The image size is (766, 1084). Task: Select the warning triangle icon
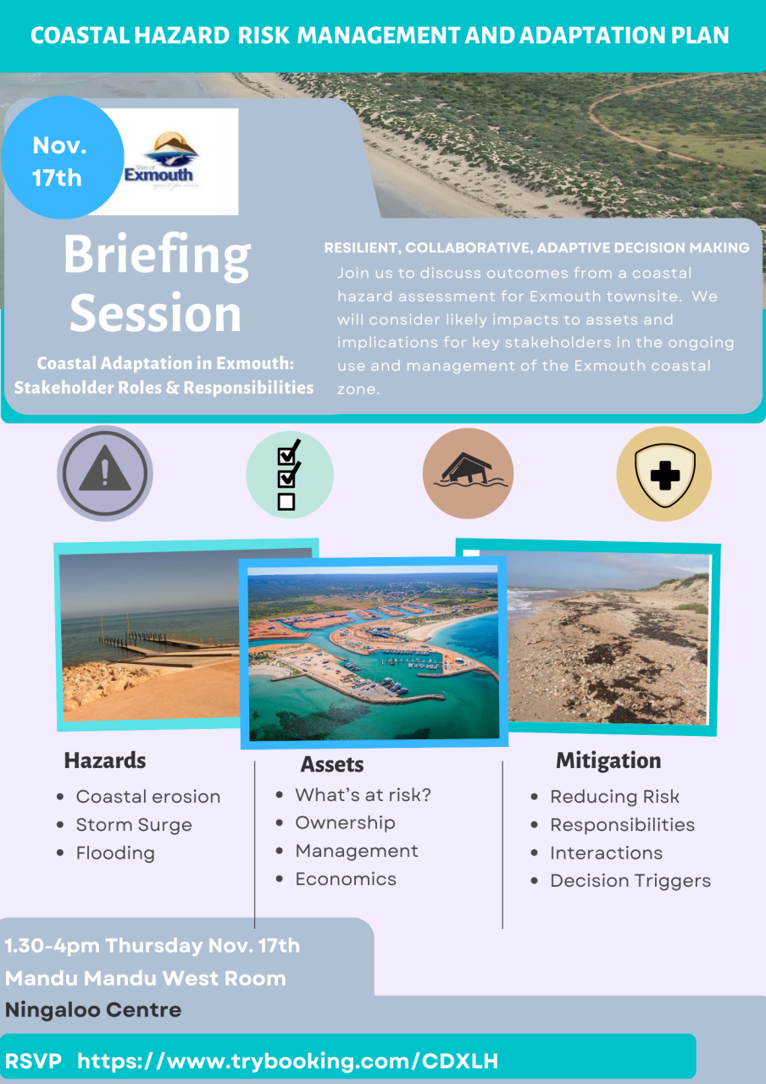coord(104,473)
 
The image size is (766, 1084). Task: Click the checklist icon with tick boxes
coord(289,474)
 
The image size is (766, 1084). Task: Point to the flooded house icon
coord(468,473)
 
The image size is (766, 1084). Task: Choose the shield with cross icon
coord(663,473)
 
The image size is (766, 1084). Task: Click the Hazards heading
coord(105,760)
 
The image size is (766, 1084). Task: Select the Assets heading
coord(332,765)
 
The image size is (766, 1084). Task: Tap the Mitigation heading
coord(608,760)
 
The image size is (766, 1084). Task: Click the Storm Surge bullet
coord(134,825)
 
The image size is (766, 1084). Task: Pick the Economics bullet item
coord(346,879)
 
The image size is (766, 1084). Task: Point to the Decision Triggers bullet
coord(630,881)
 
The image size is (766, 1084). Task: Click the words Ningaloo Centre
coord(93,1009)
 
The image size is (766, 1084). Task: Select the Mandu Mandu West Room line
coord(146,978)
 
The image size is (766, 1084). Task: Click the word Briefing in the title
coord(157,255)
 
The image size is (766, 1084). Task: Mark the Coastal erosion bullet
coord(148,797)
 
